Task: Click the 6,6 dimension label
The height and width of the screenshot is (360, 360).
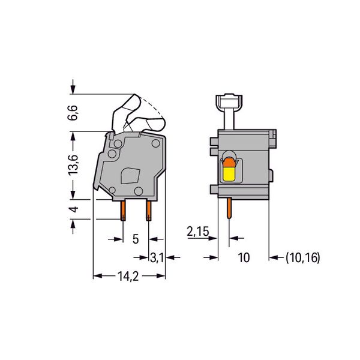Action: [73, 113]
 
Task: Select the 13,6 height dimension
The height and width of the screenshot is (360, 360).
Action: [73, 166]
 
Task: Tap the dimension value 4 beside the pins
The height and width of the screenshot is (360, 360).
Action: [74, 209]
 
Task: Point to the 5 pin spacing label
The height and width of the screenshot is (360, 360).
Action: [136, 239]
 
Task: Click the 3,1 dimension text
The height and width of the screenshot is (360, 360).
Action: [157, 257]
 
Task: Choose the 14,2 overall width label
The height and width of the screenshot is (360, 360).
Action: [128, 276]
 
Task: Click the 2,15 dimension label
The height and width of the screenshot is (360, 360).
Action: [198, 231]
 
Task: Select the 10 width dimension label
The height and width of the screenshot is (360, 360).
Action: [244, 257]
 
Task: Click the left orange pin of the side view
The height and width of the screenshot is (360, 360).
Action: [123, 211]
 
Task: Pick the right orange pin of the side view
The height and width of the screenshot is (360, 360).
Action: [149, 211]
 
